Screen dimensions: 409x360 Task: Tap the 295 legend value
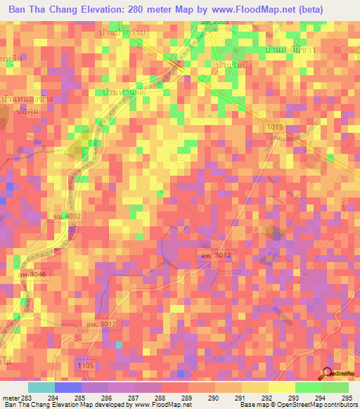point(345,398)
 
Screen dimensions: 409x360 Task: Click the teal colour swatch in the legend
point(41,387)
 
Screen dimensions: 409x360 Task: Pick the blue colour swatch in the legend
point(67,387)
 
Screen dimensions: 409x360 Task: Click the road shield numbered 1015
point(278,126)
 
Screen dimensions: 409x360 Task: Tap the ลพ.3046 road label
point(33,273)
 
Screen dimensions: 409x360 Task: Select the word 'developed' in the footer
point(111,405)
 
